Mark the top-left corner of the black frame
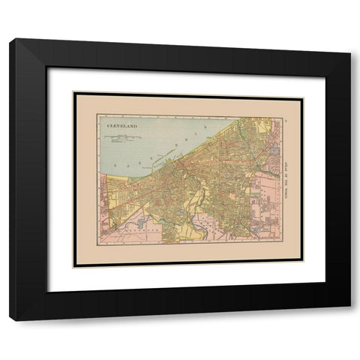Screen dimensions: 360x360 coord(11,41)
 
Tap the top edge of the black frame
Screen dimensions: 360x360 coord(180,45)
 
